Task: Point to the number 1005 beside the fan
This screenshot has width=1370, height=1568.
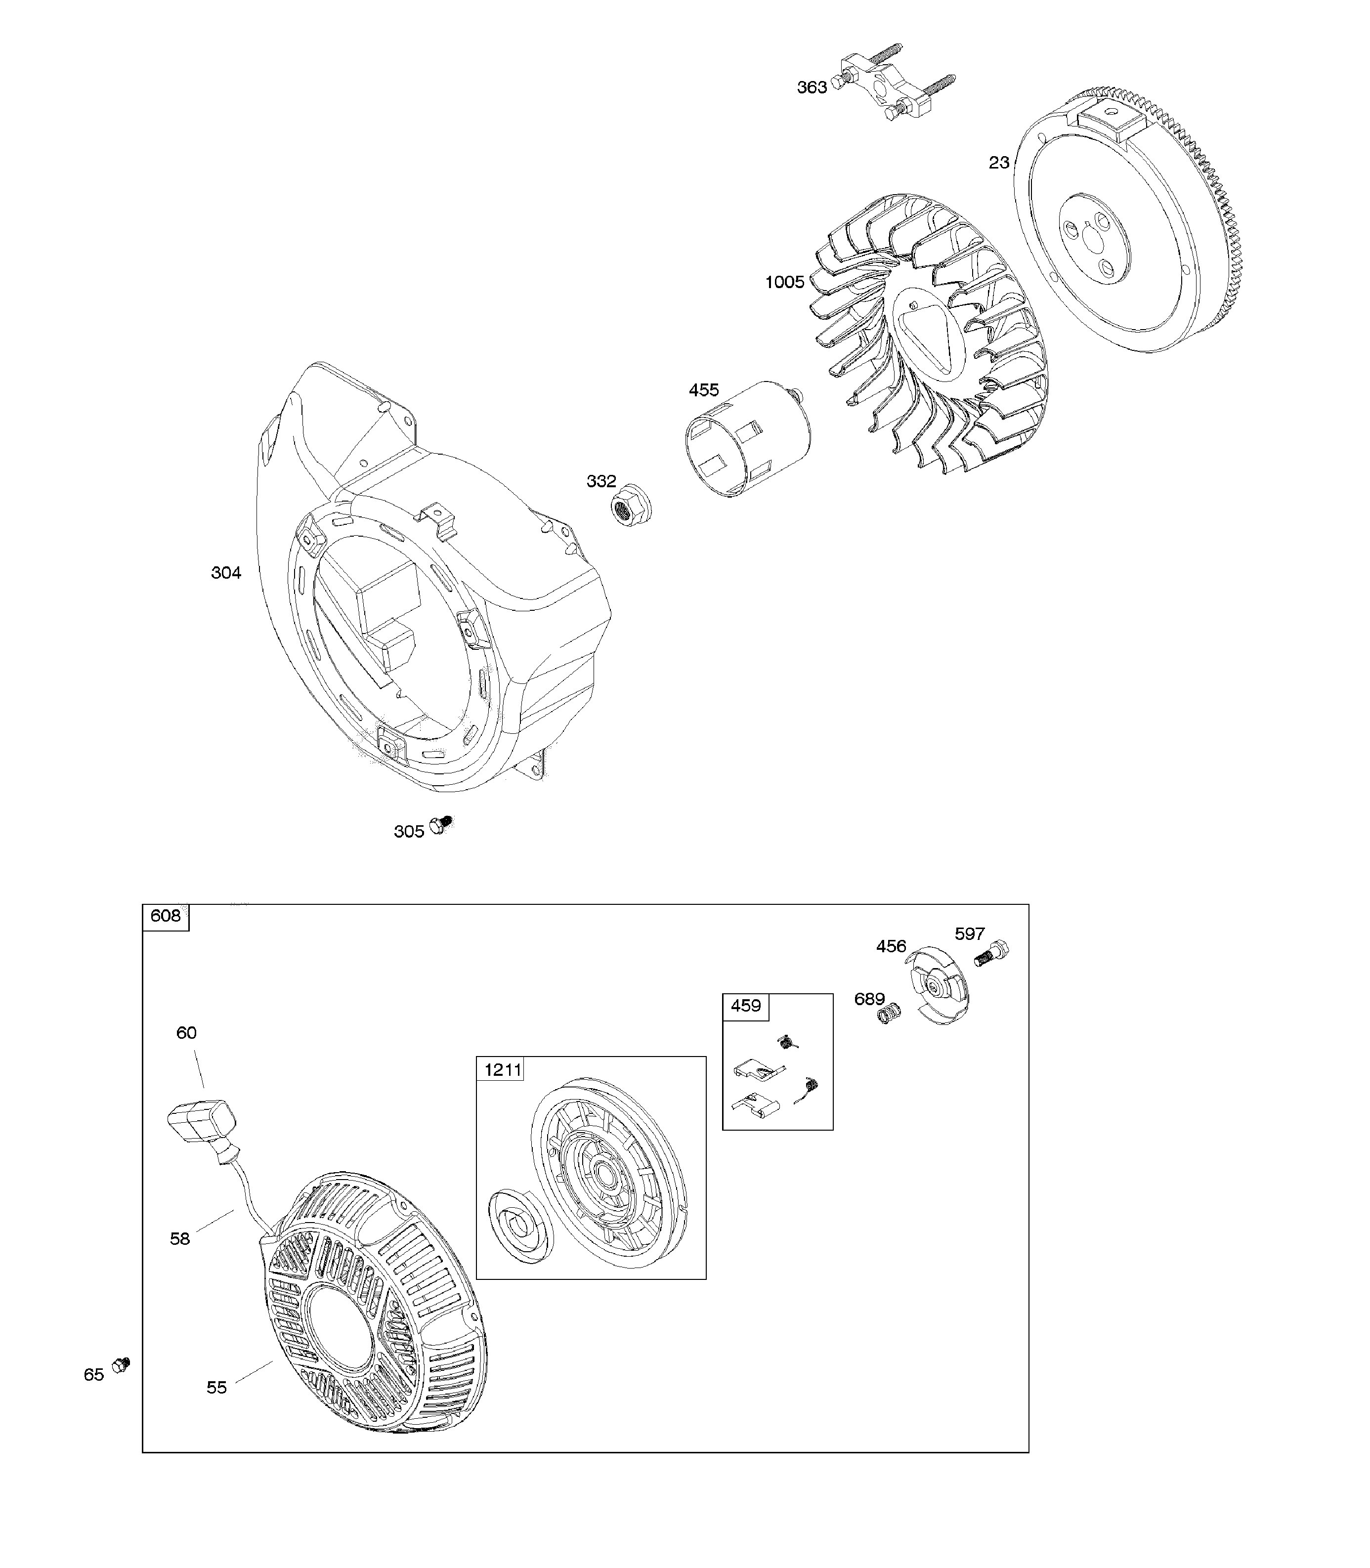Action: pyautogui.click(x=784, y=282)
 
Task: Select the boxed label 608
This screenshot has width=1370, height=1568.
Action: pyautogui.click(x=165, y=916)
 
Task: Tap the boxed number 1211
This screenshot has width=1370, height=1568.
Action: pyautogui.click(x=502, y=1069)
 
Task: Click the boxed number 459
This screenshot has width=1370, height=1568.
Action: pyautogui.click(x=745, y=1005)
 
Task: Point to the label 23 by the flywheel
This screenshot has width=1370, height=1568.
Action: pyautogui.click(x=998, y=163)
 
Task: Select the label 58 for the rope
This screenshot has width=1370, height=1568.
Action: pyautogui.click(x=180, y=1238)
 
